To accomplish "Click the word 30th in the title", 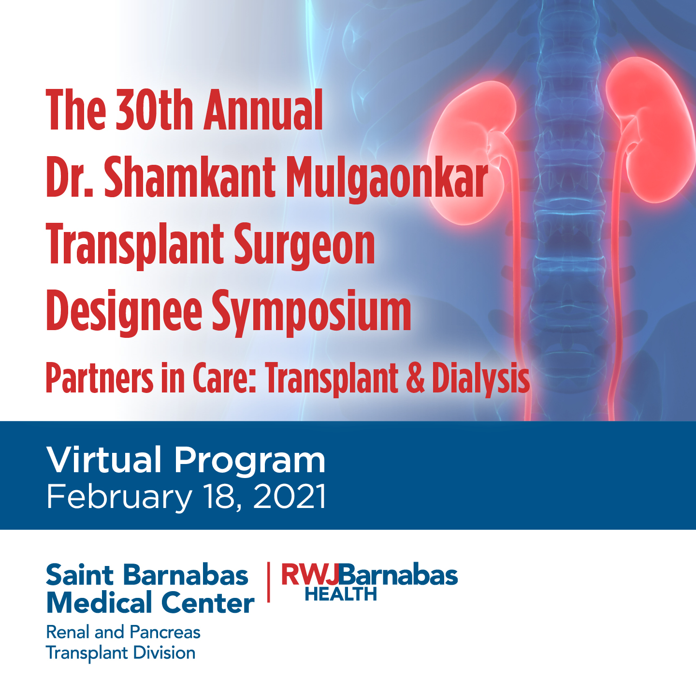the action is pos(154,109).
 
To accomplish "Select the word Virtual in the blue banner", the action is pos(103,460).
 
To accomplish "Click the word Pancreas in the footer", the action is pos(165,632).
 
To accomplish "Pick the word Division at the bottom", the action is pos(164,652).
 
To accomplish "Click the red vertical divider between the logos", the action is pos(268,582).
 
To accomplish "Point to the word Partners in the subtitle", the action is pos(100,378).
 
